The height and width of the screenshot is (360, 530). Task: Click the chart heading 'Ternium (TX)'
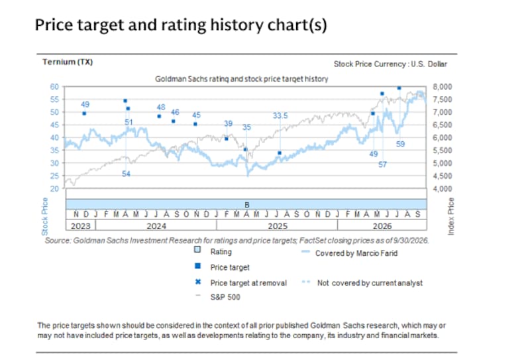coord(68,62)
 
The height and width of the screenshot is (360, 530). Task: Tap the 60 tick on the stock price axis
coord(54,87)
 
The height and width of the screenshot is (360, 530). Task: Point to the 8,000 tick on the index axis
coord(442,87)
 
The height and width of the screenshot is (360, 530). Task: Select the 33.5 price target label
coord(280,116)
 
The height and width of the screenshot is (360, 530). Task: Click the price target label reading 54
coord(126,174)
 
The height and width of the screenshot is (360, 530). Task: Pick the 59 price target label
coord(400,144)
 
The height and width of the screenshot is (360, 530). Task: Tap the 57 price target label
coord(382,165)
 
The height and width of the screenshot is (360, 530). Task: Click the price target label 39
coord(228,123)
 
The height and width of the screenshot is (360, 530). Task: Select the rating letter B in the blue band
coord(246,205)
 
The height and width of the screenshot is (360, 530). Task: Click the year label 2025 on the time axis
coord(278,226)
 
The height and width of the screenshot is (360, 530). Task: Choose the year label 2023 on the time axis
coord(80,226)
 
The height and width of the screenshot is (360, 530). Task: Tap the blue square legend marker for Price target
coord(197,266)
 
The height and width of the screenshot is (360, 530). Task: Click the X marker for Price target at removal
coord(198,282)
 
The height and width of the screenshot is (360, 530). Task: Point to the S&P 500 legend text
coord(225,297)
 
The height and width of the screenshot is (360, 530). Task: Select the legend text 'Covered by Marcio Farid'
coord(356,253)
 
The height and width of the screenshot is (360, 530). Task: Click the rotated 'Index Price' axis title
coord(451,216)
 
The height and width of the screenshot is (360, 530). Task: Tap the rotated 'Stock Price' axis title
coord(44,217)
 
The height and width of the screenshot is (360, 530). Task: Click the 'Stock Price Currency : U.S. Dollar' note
coord(390,64)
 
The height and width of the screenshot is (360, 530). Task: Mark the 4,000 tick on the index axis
coord(442,189)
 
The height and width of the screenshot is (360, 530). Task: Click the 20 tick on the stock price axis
coord(54,189)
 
